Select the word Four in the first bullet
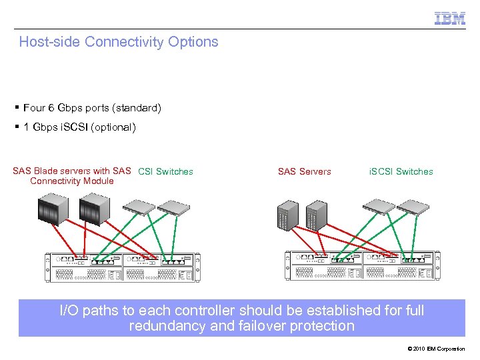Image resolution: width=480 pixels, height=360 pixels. click(x=34, y=107)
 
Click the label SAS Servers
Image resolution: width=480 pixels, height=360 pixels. click(x=304, y=171)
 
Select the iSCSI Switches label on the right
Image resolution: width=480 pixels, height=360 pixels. click(x=401, y=171)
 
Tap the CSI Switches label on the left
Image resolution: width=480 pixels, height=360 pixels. click(x=165, y=171)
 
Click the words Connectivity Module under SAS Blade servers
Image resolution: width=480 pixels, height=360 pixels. click(x=72, y=181)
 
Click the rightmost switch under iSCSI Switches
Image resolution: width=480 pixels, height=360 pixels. click(x=414, y=207)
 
